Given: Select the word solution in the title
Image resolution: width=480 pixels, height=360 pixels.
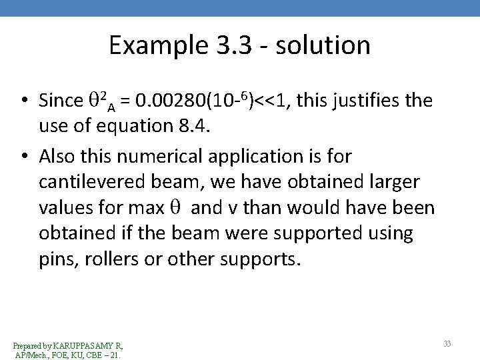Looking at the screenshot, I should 327,45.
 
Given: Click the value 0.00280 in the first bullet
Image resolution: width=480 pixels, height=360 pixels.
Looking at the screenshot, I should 167,101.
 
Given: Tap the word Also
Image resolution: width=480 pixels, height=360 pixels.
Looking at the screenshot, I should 60,155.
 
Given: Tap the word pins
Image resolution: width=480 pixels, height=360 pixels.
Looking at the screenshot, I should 55,258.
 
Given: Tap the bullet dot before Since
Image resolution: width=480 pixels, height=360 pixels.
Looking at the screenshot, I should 23,102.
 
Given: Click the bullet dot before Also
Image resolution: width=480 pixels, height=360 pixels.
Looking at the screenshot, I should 23,156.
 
